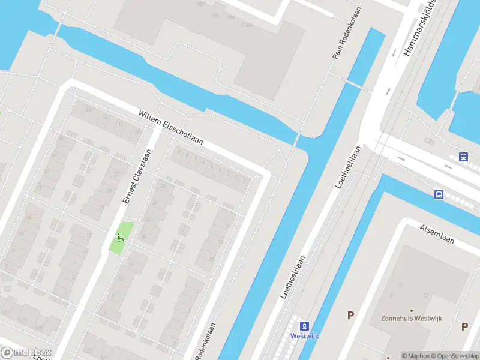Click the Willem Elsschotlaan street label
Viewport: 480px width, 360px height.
pos(171,127)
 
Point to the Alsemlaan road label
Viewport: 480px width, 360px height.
pos(437,234)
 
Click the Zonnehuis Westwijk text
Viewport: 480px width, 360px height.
pos(411,319)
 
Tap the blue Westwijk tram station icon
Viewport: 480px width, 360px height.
pos(305,326)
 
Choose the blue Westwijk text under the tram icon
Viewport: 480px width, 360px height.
pos(305,336)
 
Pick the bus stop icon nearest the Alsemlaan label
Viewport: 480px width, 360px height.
pos(439,194)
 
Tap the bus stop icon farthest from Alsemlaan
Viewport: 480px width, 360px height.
pos(463,157)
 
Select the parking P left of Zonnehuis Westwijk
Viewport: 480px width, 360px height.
pos(351,315)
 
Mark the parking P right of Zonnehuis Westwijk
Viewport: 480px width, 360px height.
pos(464,326)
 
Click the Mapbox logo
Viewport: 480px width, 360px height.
pos(27,353)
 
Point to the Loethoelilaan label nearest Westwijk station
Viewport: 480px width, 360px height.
pos(293,277)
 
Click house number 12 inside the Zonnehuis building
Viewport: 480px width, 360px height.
pos(426,295)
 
